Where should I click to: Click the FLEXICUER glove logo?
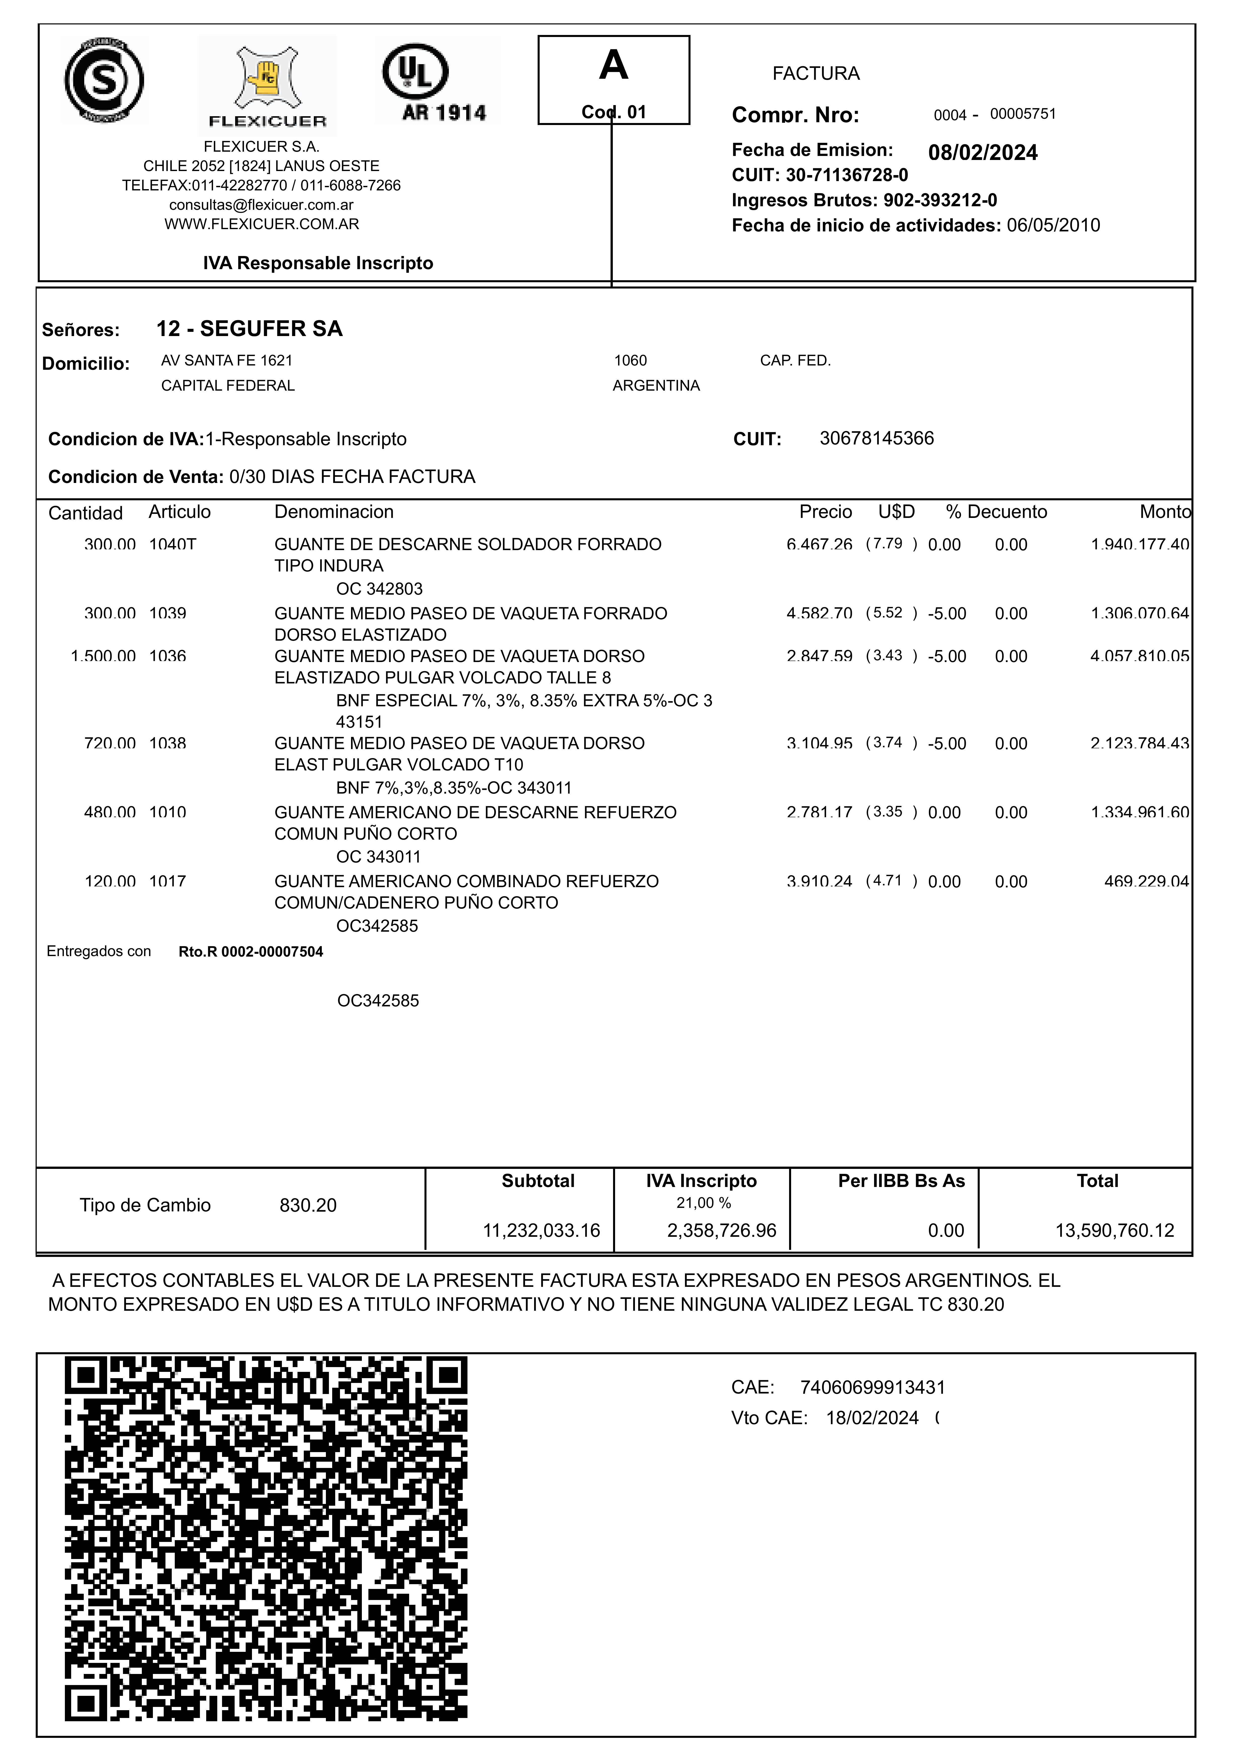(x=267, y=85)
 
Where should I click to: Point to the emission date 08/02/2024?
(x=983, y=153)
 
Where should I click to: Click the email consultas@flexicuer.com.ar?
(x=261, y=205)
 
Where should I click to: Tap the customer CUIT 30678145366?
(x=877, y=438)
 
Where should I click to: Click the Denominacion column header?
(x=334, y=512)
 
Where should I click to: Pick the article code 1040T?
(x=173, y=544)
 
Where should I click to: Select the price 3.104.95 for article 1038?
(x=819, y=743)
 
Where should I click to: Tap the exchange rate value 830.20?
(x=308, y=1206)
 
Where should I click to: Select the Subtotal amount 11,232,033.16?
(x=541, y=1231)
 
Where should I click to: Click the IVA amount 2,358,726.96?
(x=722, y=1231)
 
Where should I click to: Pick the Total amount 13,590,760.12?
(x=1114, y=1231)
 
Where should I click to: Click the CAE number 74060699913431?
(x=872, y=1387)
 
